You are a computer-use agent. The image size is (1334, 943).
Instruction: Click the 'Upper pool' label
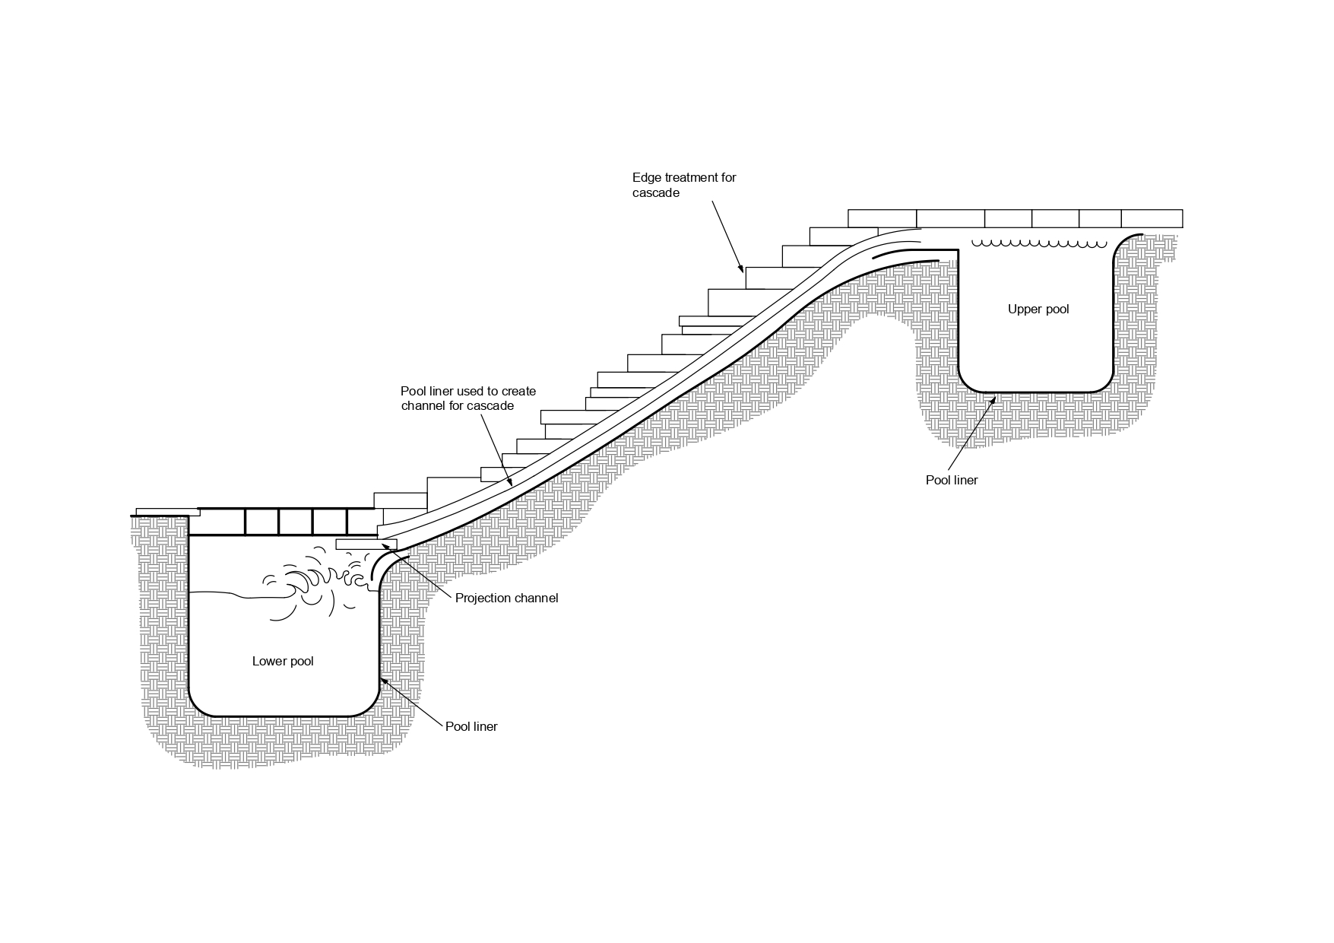click(x=1038, y=310)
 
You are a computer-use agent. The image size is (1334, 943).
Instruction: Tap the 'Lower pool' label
click(x=283, y=662)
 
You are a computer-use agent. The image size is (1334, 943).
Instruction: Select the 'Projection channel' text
click(x=506, y=599)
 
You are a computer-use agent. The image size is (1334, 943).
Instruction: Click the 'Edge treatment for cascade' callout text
click(x=684, y=185)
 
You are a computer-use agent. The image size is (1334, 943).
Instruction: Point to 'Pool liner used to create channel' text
click(x=468, y=398)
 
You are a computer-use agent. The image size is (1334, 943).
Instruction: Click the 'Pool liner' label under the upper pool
click(x=951, y=481)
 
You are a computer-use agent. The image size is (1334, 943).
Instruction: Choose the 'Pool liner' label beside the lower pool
click(x=471, y=727)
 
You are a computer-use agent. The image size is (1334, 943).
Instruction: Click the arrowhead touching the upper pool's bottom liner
click(x=997, y=397)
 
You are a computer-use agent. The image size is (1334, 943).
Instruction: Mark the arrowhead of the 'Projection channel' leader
click(x=385, y=545)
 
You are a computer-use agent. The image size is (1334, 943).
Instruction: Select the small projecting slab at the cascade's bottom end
click(x=365, y=545)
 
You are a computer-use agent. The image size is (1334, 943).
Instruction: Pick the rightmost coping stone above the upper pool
click(x=1152, y=218)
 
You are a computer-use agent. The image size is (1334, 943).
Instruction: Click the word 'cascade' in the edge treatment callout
click(x=656, y=193)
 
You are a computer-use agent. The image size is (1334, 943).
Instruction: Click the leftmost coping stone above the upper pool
click(x=882, y=218)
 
